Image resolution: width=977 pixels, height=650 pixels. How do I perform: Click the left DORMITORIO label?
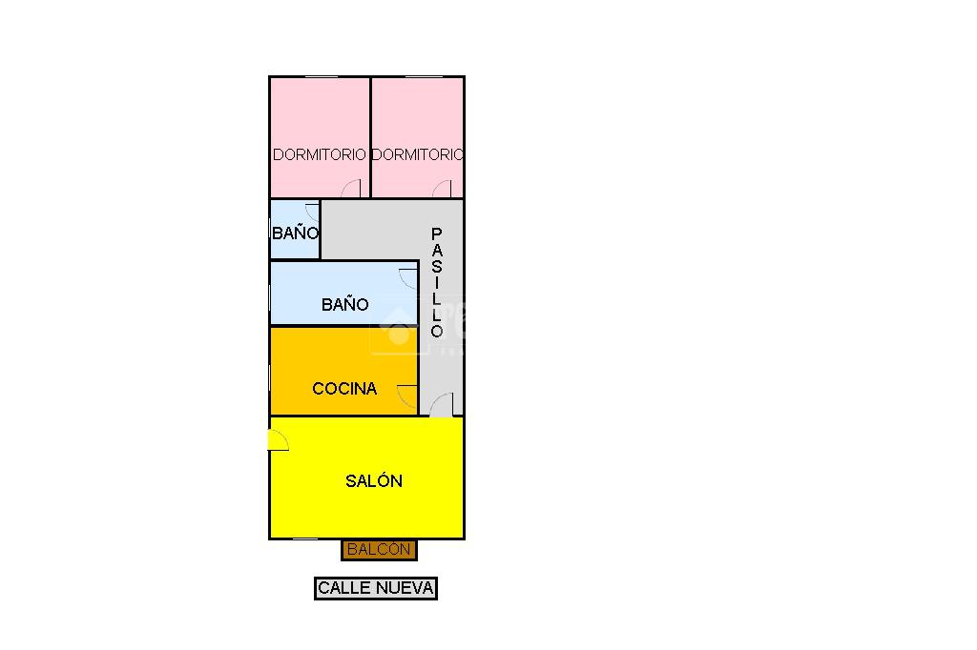point(319,154)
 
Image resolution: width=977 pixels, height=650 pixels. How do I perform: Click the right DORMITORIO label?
point(417,154)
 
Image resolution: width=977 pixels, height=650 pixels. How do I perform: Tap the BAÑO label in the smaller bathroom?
point(295,234)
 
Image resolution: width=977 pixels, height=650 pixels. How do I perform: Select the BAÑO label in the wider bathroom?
point(344,305)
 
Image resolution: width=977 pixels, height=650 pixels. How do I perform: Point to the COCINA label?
point(344,389)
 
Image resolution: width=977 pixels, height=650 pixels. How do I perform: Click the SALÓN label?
point(373,481)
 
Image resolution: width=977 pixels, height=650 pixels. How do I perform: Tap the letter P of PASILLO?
point(437,234)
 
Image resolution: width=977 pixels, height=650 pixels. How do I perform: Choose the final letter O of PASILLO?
point(437,332)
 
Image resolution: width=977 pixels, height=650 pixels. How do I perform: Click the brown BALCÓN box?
point(379,550)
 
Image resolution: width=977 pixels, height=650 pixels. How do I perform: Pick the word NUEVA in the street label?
point(405,588)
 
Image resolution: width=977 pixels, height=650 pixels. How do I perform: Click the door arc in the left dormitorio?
point(352,189)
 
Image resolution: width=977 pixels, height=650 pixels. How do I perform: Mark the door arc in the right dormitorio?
point(443,189)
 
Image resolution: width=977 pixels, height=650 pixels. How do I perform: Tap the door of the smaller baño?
point(311,212)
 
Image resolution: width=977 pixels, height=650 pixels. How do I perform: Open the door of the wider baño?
point(409,278)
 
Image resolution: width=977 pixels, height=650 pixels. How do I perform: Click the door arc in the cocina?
point(408,396)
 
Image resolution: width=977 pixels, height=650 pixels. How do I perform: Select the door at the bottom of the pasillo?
point(441,407)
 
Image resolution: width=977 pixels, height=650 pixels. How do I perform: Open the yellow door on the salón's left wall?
point(278,440)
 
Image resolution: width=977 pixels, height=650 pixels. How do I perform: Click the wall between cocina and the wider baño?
point(343,326)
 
